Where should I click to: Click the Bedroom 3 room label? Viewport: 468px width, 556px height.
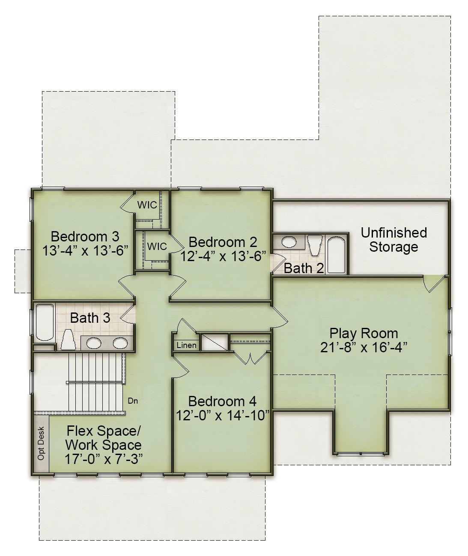[x=85, y=236]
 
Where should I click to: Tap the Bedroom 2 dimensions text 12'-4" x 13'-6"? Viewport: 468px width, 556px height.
[x=223, y=256]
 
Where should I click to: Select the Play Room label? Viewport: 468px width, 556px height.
[x=363, y=333]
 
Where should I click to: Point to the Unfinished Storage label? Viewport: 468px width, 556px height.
[x=393, y=240]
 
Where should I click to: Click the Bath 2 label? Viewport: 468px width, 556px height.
[x=304, y=268]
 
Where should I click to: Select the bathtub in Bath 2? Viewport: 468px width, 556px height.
[x=336, y=254]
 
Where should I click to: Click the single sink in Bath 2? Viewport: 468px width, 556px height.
[x=289, y=242]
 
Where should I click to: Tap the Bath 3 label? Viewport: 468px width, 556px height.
[x=90, y=318]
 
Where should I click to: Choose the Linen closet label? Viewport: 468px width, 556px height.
[x=186, y=345]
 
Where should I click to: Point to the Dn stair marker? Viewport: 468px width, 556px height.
[x=133, y=401]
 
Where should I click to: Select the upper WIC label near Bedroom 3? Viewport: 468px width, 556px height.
[x=147, y=205]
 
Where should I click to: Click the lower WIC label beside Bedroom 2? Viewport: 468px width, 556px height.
[x=156, y=247]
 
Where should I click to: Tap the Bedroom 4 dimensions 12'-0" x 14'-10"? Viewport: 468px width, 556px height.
[x=222, y=415]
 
